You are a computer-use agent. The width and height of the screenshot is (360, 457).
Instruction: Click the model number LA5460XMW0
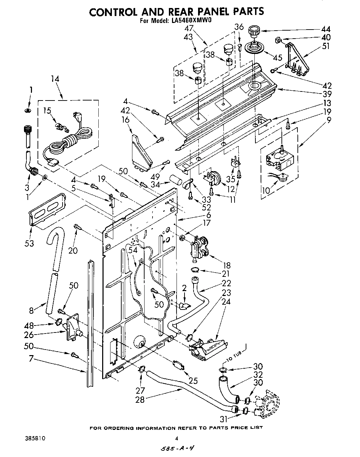pyautogui.click(x=192, y=20)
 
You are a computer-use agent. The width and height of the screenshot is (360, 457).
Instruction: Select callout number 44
pyautogui.click(x=326, y=30)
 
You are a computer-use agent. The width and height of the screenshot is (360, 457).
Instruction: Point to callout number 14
pyautogui.click(x=55, y=79)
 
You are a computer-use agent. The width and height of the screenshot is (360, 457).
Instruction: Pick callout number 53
pyautogui.click(x=29, y=243)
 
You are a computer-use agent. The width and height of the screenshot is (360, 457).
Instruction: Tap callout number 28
pyautogui.click(x=140, y=400)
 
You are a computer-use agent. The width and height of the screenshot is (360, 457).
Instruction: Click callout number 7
pyautogui.click(x=31, y=358)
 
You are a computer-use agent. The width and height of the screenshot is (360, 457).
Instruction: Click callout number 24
pyautogui.click(x=226, y=302)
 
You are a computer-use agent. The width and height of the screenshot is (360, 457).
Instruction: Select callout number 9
pyautogui.click(x=328, y=121)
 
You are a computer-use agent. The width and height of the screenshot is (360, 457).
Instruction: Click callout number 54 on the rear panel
pyautogui.click(x=133, y=250)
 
